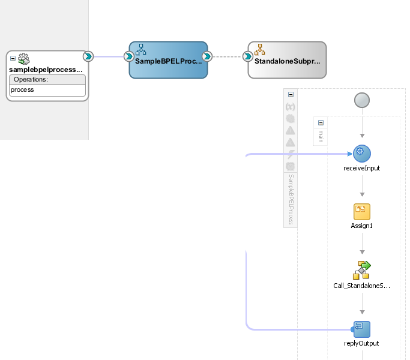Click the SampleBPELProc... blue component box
168,59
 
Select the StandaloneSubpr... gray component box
287,59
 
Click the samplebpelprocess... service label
46,70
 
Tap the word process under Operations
23,89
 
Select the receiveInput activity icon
361,153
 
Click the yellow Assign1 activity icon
361,211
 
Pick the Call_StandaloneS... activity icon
361,270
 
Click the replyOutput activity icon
361,329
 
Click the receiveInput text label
361,168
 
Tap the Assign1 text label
361,226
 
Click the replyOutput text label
361,344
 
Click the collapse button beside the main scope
321,122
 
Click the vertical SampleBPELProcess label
291,200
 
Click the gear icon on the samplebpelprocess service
24,59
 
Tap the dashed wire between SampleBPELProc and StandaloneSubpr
228,57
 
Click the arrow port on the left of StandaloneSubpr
247,57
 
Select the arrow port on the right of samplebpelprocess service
88,57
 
